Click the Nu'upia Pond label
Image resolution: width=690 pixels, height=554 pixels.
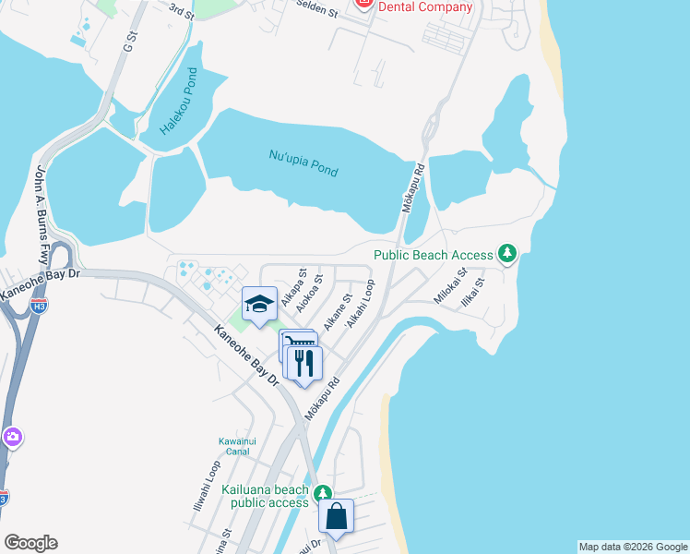(303, 163)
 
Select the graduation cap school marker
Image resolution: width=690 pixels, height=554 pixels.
(259, 305)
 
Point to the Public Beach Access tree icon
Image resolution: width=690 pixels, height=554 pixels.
(506, 253)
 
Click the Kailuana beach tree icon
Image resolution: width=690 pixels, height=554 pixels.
(322, 493)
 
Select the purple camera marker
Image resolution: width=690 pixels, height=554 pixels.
(12, 437)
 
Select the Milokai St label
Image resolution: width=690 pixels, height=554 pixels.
(451, 286)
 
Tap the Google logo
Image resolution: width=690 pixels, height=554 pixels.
(30, 543)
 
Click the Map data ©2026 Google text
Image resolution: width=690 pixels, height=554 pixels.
(633, 547)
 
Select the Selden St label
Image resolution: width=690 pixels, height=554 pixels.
(315, 5)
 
